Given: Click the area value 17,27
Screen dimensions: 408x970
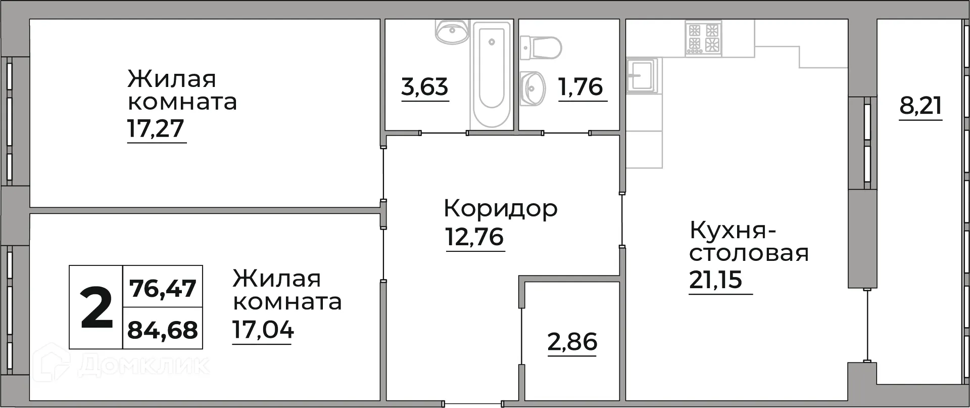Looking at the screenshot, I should point(156,129).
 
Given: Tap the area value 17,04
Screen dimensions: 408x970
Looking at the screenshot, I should point(263,330).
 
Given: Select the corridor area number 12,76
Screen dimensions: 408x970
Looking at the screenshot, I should point(474,237).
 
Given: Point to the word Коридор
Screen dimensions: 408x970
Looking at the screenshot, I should point(501,208).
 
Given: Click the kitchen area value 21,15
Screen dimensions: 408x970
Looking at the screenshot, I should point(715,280).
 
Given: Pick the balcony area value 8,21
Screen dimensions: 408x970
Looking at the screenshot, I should point(920,107).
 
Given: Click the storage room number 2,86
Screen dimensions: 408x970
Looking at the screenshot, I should point(572,342).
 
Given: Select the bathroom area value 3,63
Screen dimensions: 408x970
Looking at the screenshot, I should point(425,87).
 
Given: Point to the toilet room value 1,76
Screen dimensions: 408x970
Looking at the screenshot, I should point(581,87).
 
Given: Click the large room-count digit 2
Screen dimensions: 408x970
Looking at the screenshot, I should point(96,307).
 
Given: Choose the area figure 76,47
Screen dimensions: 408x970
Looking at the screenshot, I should point(163,289).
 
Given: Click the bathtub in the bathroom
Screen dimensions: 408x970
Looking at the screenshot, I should point(492,73).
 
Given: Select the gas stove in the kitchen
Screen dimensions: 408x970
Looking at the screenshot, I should point(703,37).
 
